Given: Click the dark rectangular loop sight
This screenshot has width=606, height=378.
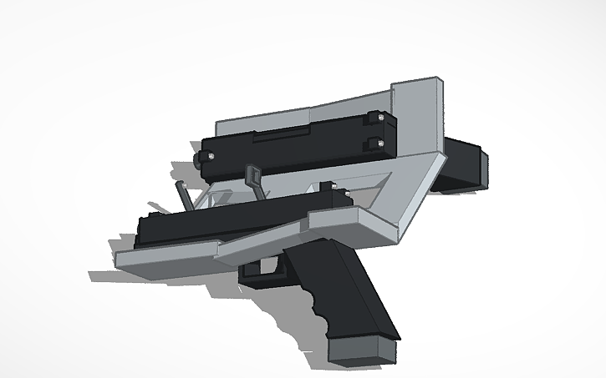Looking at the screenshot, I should [x=253, y=176].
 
